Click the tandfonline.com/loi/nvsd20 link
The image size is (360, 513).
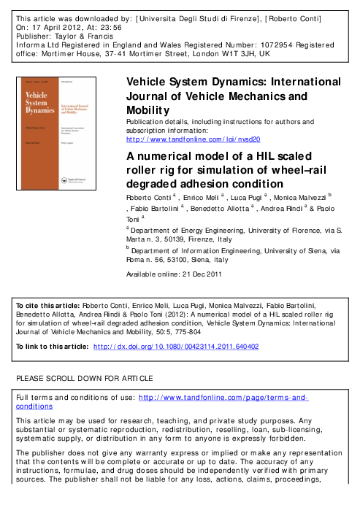194,136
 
